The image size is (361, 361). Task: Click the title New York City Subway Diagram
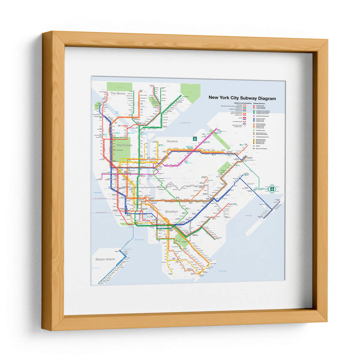click(241, 97)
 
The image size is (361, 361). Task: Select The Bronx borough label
click(117, 93)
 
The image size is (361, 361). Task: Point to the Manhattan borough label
click(124, 145)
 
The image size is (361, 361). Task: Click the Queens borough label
click(172, 141)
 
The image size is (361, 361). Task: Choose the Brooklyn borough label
click(171, 212)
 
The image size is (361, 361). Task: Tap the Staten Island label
click(105, 259)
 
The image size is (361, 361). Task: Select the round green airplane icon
click(272, 189)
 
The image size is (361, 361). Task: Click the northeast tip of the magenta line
click(218, 130)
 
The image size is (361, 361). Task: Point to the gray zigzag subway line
click(180, 186)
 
